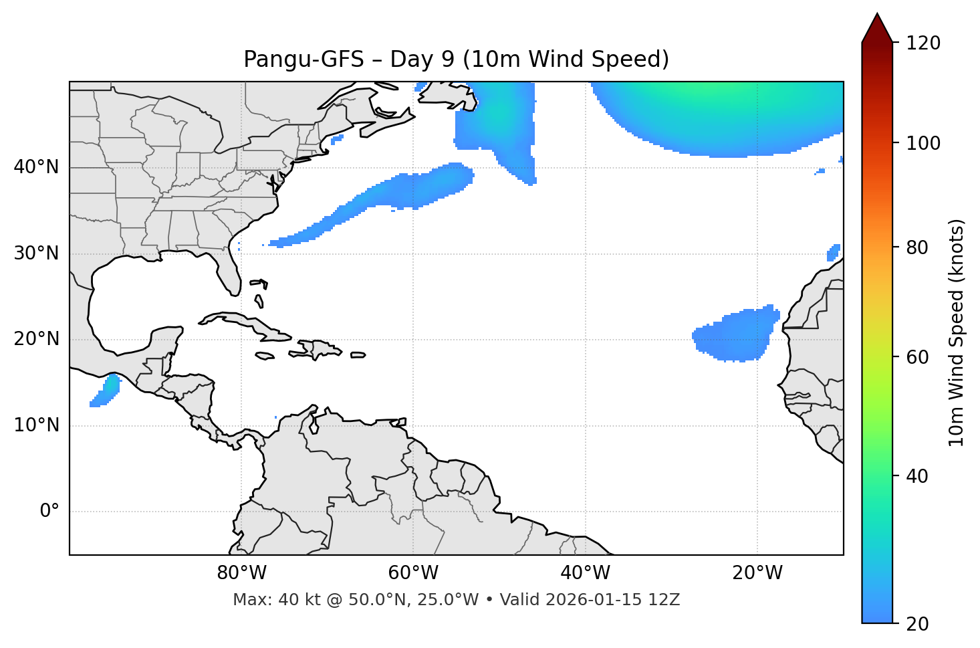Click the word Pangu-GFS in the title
click(x=303, y=60)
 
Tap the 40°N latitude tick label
click(x=36, y=167)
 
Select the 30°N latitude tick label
click(x=36, y=253)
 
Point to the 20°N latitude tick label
click(x=36, y=339)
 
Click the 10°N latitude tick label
click(x=36, y=425)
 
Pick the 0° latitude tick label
click(x=49, y=512)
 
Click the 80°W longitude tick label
click(x=241, y=573)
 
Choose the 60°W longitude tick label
click(x=413, y=573)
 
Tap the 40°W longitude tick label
click(x=585, y=573)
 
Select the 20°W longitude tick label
click(x=757, y=573)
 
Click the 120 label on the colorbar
click(x=923, y=43)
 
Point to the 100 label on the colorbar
click(x=923, y=143)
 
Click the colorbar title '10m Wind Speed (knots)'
click(x=957, y=332)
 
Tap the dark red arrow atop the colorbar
click(x=877, y=29)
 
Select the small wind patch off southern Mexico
click(x=106, y=391)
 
